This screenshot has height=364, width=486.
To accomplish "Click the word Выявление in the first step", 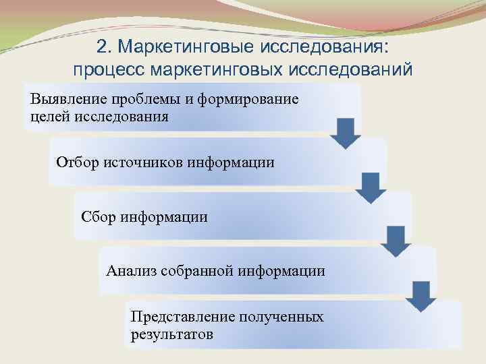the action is coord(61,100).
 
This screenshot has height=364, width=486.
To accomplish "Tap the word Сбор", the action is coord(99,216).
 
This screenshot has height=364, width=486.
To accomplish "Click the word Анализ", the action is coord(131,271).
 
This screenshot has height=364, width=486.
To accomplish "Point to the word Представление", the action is coord(180,317).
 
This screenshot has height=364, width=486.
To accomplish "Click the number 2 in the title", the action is coord(102,48).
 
